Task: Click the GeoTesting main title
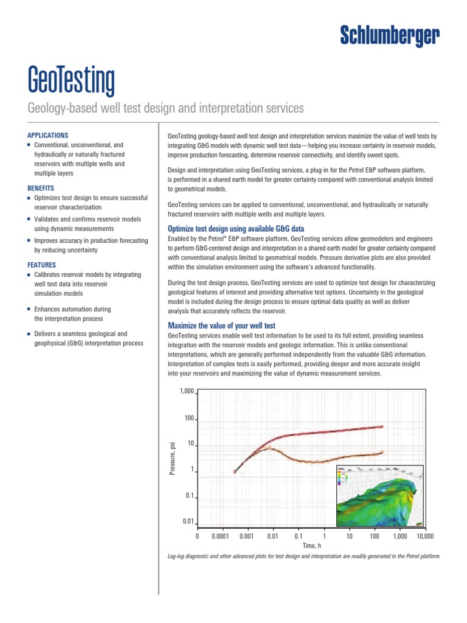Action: pos(71,81)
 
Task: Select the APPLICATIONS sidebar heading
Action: pos(48,135)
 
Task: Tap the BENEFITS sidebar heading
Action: pos(41,189)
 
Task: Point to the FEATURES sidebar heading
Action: pos(42,265)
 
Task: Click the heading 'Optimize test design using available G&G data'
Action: pos(235,229)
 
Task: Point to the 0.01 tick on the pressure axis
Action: pos(189,521)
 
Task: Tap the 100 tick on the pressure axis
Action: pos(189,419)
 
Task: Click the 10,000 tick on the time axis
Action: pos(424,537)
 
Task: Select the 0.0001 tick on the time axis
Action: pos(220,537)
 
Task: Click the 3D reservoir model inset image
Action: pos(377,496)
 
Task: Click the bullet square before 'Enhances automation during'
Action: pos(30,310)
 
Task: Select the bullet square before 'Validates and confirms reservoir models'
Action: pos(30,218)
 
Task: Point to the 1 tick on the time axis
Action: pos(324,537)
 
